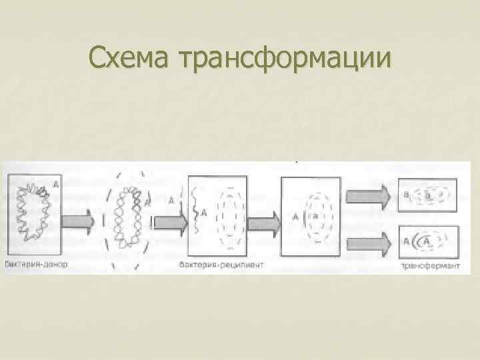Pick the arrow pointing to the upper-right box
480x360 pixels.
coord(369,194)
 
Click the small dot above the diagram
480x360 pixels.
coord(295,161)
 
